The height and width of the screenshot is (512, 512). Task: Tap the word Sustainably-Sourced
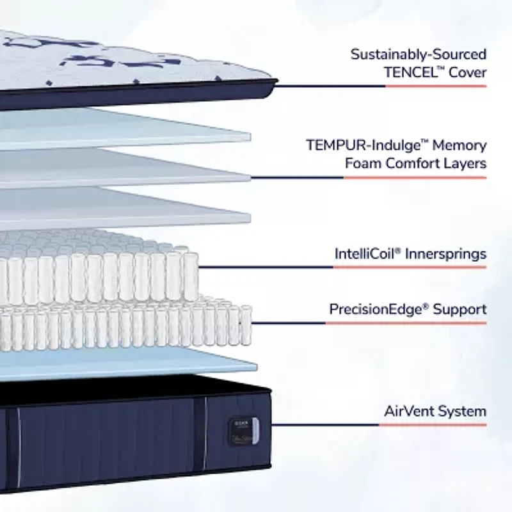419,54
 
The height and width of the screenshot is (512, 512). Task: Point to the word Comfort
412,163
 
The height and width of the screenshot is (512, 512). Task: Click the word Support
460,310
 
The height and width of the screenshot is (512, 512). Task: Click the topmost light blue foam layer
128,128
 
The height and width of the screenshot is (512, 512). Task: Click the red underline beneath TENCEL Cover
435,86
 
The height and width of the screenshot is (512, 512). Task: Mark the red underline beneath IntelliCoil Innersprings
410,267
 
